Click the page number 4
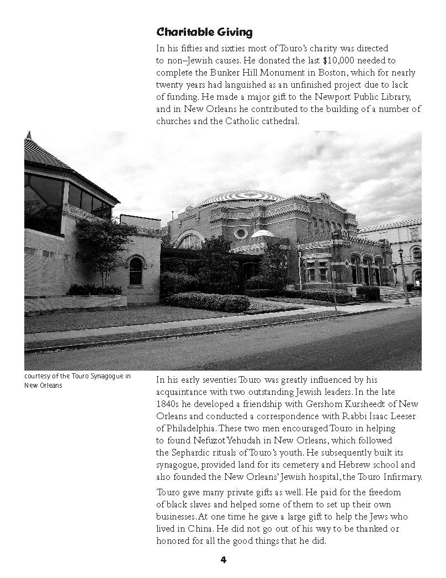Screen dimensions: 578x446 223,560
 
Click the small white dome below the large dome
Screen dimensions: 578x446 262,234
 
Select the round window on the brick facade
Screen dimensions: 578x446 241,233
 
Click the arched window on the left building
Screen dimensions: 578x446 136,270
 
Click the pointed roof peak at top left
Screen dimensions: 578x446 29,136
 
